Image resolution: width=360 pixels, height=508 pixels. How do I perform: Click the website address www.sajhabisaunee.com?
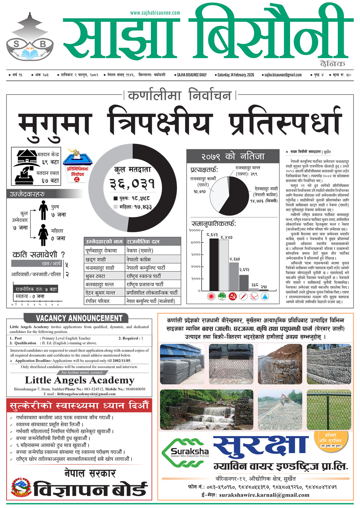pyautogui.click(x=155, y=13)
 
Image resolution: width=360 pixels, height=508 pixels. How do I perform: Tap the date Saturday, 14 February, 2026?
pyautogui.click(x=236, y=75)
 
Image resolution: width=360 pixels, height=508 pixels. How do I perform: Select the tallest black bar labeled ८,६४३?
pyautogui.click(x=214, y=264)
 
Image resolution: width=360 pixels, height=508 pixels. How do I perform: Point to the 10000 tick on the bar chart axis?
pyautogui.click(x=195, y=230)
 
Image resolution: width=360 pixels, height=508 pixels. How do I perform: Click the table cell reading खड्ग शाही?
pyautogui.click(x=96, y=259)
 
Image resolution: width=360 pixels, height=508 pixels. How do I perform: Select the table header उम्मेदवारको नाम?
pyautogui.click(x=104, y=242)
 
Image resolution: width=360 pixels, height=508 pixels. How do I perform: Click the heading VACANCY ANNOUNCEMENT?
pyautogui.click(x=79, y=318)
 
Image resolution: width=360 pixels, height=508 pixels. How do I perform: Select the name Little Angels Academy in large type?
pyautogui.click(x=79, y=380)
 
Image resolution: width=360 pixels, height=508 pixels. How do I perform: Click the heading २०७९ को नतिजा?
pyautogui.click(x=233, y=156)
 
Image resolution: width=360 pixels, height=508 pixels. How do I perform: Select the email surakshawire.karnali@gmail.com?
pyautogui.click(x=264, y=495)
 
